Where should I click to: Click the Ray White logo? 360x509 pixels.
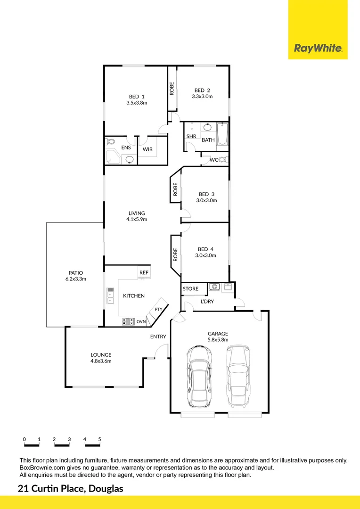tap(318, 48)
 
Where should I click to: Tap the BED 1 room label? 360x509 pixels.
tap(137, 97)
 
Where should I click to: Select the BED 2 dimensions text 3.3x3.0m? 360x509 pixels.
tap(202, 97)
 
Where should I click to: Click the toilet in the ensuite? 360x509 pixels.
tap(111, 142)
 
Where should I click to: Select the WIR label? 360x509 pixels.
tap(147, 149)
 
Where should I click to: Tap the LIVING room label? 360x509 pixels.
tap(137, 213)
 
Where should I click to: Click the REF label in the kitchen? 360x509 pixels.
tap(143, 272)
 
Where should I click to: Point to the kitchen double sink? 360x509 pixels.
tap(111, 295)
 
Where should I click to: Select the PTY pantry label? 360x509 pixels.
tap(158, 310)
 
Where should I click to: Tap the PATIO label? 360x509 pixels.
tap(75, 272)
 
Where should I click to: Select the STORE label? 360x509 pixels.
tap(190, 289)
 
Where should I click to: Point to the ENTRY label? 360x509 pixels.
tap(158, 337)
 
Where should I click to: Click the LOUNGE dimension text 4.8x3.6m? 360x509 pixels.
tap(101, 361)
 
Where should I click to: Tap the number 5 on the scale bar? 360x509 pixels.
tap(99, 439)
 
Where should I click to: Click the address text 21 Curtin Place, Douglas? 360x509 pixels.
tap(70, 489)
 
